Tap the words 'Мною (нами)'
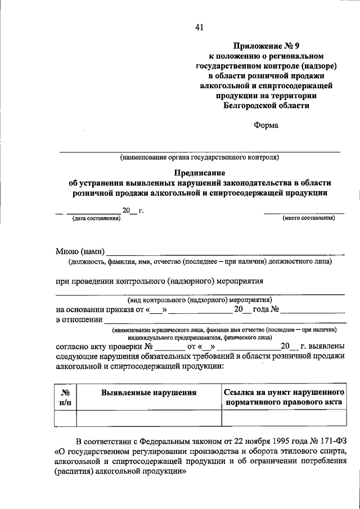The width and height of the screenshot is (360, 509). pos(80,251)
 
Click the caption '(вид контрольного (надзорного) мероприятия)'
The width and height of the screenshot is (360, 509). pos(200,300)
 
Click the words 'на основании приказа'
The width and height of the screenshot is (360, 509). pos(93,310)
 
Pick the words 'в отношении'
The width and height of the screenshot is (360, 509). pos(79,320)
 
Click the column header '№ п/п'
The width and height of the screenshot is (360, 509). pos(65,398)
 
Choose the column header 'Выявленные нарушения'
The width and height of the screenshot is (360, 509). pos(148,393)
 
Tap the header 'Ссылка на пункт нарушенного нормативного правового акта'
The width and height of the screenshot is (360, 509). pos(283,398)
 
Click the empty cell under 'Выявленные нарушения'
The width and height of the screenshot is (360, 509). pos(148,419)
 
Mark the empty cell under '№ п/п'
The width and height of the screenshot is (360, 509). pos(65,419)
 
